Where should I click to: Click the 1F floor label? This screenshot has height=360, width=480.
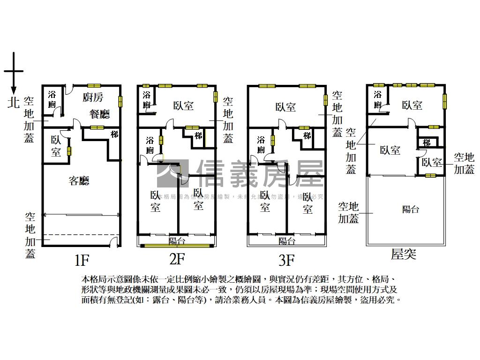pos(81,259)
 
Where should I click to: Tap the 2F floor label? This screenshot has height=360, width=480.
pos(177,258)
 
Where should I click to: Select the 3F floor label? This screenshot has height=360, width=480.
pos(286,259)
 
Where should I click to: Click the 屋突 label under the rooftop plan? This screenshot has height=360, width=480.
pos(404,255)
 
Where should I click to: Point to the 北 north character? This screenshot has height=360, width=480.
pos(14,102)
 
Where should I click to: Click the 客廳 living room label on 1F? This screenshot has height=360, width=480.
pos(79,180)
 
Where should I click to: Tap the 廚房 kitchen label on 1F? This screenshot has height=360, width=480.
pos(93,97)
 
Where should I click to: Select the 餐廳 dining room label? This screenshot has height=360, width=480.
pos(99,114)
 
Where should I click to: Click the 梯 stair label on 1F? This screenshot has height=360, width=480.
pos(114,135)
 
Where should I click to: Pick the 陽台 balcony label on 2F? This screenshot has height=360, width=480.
pos(177,241)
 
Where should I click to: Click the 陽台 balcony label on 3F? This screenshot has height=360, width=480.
pos(286,241)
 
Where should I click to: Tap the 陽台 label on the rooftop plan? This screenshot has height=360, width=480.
pos(411,209)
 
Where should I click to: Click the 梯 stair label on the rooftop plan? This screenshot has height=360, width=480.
pos(427,142)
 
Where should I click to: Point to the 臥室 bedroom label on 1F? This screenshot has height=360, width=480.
pos(56,146)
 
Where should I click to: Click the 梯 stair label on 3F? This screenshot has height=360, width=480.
pos(307,136)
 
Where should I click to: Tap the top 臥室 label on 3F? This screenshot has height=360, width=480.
pos(285,107)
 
